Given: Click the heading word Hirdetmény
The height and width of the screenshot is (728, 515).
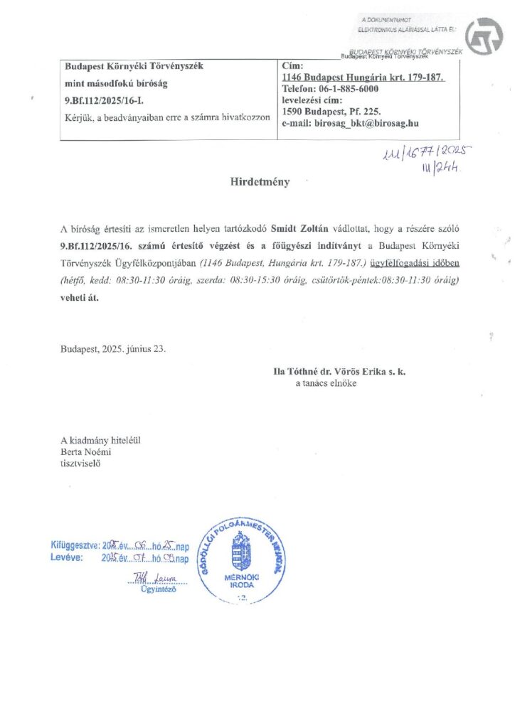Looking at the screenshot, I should (259, 182).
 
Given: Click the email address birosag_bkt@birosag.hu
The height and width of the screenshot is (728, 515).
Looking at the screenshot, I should (351, 122).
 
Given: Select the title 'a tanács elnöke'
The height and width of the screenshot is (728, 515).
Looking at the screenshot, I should (326, 383).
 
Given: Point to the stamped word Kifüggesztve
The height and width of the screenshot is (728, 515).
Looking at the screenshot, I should (75, 546).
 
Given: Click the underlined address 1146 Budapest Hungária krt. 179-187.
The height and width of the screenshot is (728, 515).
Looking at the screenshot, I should (363, 77).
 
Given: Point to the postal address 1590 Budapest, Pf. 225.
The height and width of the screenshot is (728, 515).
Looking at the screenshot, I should (331, 111).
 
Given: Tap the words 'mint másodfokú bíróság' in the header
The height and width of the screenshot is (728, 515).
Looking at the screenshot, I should (112, 84).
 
